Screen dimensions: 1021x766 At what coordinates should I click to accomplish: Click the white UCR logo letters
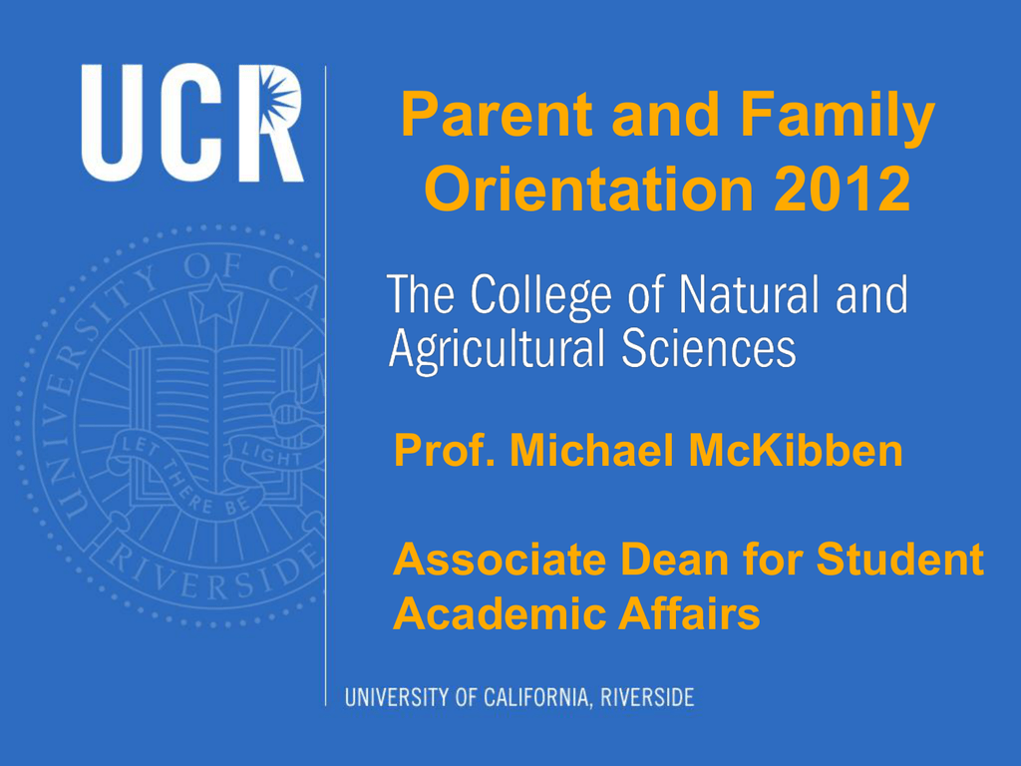[x=192, y=123]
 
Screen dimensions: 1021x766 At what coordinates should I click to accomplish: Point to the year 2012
[x=842, y=189]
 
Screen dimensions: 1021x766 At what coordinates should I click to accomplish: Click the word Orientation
[x=588, y=189]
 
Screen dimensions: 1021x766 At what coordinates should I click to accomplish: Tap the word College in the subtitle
[x=541, y=297]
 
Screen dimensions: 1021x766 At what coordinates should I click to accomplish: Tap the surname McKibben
[x=795, y=450]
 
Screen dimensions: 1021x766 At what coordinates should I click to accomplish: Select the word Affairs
[x=689, y=613]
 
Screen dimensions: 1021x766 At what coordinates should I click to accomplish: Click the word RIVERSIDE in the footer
[x=646, y=697]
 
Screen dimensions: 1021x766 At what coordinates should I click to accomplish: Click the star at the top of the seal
[x=215, y=299]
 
